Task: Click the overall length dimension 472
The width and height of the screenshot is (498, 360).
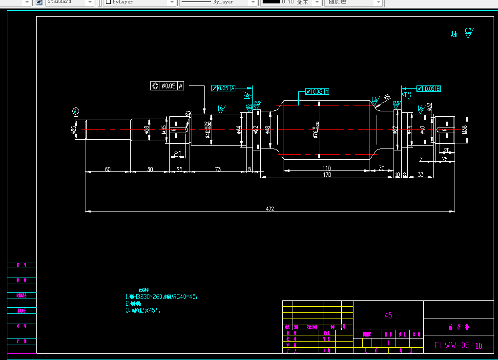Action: coord(270,209)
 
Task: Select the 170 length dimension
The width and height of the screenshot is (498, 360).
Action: coord(327,174)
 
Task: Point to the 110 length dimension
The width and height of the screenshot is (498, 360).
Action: coord(327,168)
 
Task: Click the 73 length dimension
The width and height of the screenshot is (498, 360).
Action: coord(217,169)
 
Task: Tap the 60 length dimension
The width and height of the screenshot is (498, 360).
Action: coord(107,169)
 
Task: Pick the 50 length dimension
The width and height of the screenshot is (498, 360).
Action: coord(150,169)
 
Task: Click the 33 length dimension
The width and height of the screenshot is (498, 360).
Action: coord(421,174)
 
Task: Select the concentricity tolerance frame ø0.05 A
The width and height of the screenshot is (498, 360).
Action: coord(167,86)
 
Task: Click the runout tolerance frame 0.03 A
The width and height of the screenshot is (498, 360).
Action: coord(317,91)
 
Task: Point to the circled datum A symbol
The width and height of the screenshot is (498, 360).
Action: coord(76,111)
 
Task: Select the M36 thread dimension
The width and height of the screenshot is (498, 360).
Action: coord(464,129)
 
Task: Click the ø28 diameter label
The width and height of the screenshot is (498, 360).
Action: coord(146,129)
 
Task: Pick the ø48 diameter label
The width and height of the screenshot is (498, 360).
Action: coord(268,129)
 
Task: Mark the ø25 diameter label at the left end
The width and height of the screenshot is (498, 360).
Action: coord(73,129)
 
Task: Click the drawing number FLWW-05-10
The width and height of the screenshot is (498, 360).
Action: coord(458,345)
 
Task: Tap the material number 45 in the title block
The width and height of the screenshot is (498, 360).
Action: coord(388,316)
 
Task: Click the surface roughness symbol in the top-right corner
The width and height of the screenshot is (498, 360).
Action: coord(468,33)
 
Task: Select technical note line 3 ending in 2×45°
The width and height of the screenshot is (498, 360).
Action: coord(143,310)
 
